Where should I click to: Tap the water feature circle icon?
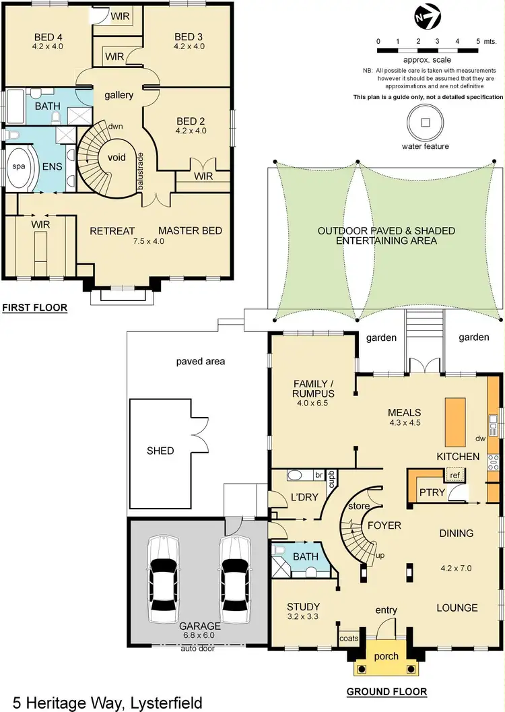[425, 123]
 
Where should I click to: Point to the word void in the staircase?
[108, 157]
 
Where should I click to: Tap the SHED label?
[160, 451]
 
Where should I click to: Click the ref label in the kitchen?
[454, 475]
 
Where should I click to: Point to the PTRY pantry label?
[432, 492]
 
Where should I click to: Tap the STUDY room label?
[303, 606]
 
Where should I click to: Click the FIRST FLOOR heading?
[34, 309]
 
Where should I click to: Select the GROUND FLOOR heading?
[386, 692]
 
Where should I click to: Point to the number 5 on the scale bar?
[477, 41]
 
